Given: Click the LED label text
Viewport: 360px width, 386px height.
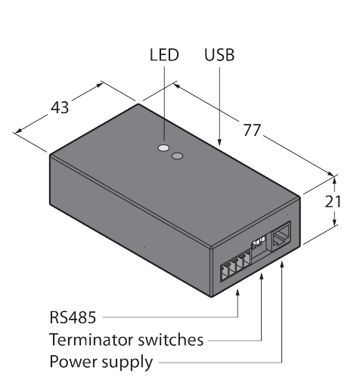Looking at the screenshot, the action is click(164, 55).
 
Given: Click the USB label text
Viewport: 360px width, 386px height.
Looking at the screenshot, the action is click(219, 55).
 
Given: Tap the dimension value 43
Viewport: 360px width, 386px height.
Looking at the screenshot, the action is click(60, 108).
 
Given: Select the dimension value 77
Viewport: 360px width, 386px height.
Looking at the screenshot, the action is click(252, 130).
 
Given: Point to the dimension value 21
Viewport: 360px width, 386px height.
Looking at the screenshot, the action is click(333, 202).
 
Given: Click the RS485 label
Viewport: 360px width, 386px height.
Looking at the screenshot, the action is click(73, 317).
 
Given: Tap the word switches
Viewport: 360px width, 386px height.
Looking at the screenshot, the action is click(170, 340).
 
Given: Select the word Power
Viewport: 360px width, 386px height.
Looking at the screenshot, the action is click(73, 362).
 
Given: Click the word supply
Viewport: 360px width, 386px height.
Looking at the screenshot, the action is click(127, 363).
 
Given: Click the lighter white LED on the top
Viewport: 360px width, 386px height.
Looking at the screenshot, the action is click(163, 147).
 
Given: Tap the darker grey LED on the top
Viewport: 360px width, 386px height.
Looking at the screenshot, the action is click(177, 156).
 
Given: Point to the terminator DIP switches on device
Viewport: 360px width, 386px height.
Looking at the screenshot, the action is click(258, 242).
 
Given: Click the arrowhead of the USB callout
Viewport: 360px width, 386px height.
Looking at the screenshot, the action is click(219, 142).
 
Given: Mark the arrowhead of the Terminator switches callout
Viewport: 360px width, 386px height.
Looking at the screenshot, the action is click(262, 276).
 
